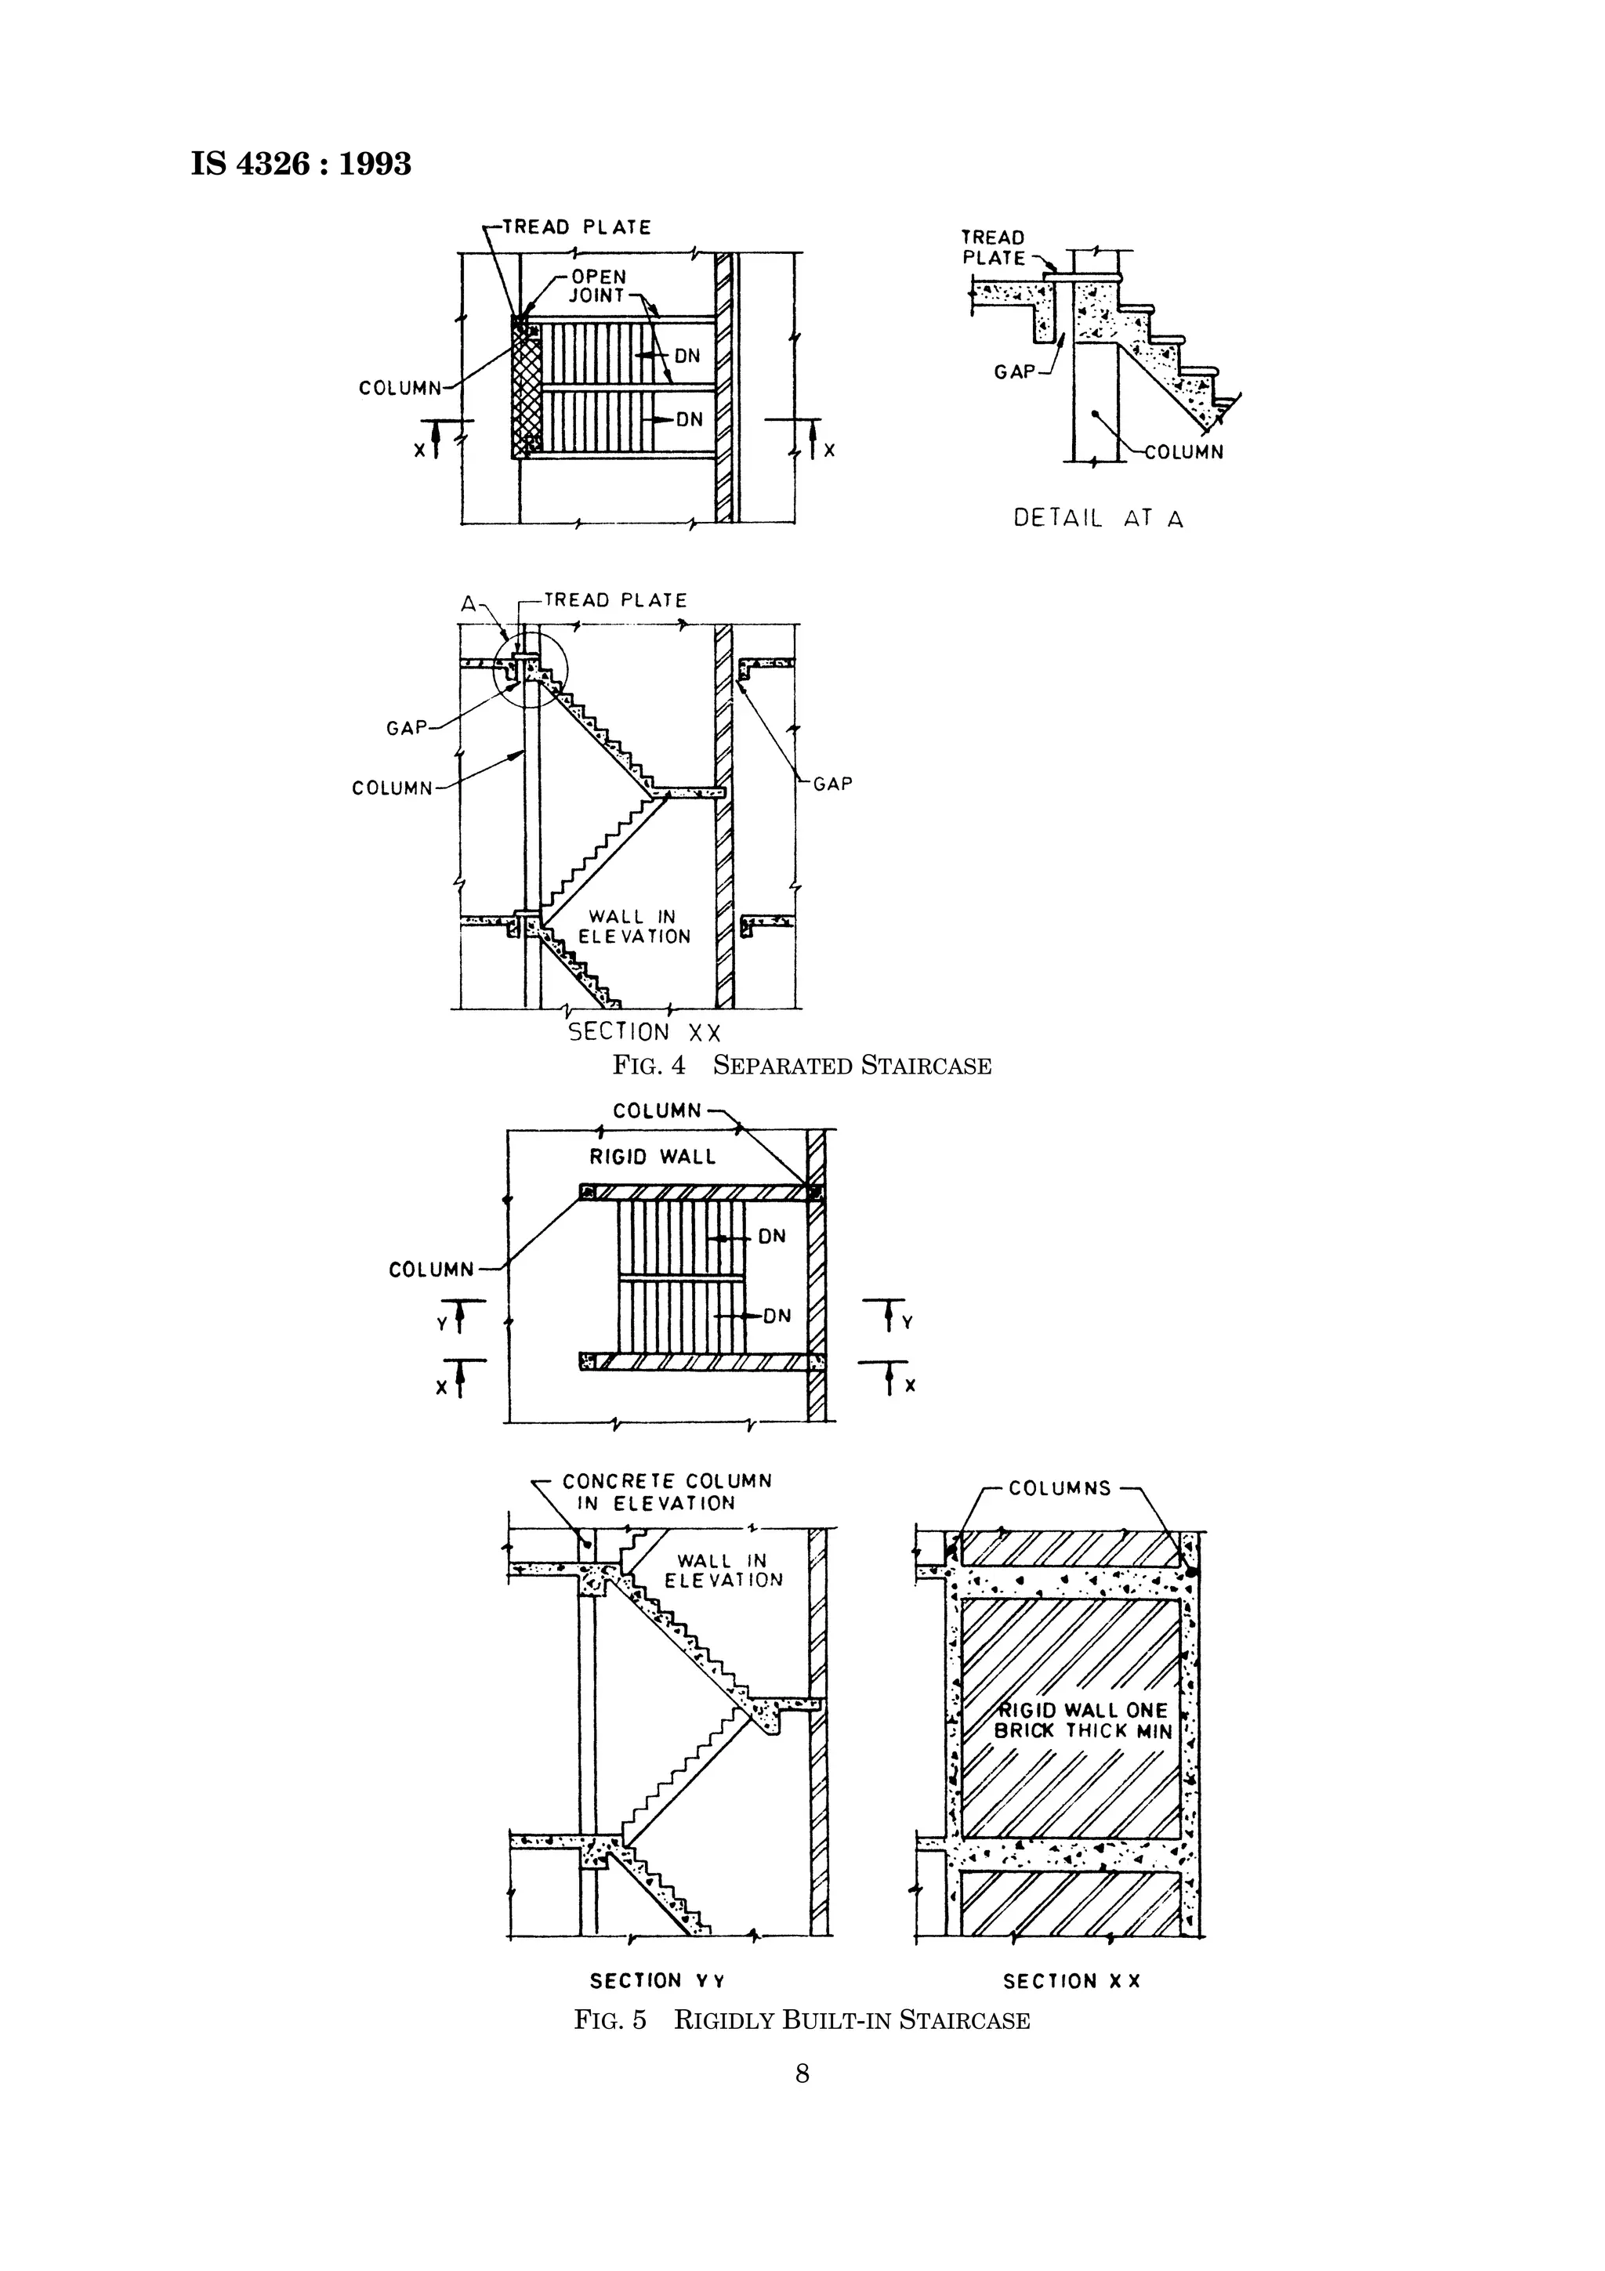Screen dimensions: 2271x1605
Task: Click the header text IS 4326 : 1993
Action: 301,163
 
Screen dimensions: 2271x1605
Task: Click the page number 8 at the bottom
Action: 802,2074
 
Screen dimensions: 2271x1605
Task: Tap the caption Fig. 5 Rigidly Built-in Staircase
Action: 802,2019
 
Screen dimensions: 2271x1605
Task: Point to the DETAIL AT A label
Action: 1098,518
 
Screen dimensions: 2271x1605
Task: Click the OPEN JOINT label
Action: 598,286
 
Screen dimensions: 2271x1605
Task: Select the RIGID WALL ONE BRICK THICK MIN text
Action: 1083,1720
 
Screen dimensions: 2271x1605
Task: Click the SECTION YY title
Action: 658,1980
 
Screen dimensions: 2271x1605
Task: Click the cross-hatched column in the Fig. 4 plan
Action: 526,389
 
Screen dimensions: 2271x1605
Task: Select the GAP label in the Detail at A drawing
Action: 1015,372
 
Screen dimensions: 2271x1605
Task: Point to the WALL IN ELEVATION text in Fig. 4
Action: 633,927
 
